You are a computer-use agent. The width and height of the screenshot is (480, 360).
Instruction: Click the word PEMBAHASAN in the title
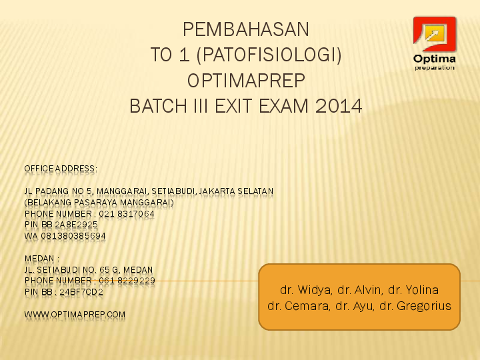click(246, 29)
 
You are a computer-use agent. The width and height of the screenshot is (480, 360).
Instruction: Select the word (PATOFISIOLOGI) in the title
click(269, 55)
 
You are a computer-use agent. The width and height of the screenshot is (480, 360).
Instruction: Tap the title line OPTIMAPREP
click(246, 81)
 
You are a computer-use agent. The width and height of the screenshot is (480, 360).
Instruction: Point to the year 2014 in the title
click(339, 106)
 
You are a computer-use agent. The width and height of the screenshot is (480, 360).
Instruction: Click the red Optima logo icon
click(435, 34)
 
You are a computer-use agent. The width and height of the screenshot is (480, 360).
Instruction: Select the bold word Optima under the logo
click(435, 59)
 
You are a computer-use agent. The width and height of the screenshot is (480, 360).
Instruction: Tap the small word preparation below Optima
click(435, 67)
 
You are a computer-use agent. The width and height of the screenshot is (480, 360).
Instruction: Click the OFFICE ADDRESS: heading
click(61, 169)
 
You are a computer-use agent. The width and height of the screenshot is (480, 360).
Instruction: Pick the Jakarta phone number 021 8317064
click(127, 214)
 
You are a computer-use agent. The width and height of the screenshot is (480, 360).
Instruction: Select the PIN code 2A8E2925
click(76, 225)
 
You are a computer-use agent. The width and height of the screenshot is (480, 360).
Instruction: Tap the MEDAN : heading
click(42, 259)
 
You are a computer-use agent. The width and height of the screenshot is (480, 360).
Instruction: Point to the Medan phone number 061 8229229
click(127, 281)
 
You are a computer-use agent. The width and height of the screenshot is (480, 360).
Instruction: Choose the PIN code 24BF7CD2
click(81, 292)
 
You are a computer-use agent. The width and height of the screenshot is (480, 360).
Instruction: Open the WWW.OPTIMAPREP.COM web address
click(75, 315)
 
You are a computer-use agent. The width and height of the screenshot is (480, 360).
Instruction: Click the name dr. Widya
click(305, 290)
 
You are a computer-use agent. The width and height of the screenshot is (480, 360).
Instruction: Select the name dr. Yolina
click(413, 290)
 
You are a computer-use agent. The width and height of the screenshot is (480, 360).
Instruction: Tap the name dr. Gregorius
click(415, 306)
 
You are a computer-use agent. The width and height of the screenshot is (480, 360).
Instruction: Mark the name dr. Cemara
click(299, 306)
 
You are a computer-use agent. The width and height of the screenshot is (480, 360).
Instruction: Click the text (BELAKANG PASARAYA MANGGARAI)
click(99, 203)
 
